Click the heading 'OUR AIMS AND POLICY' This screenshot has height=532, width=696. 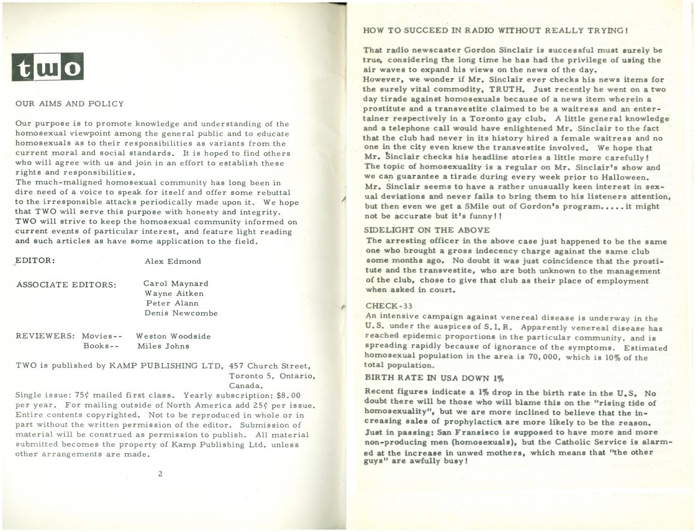(70, 104)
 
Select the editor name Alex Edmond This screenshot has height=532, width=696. (173, 261)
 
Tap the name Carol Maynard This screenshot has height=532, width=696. (176, 283)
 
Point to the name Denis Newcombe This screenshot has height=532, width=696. (181, 313)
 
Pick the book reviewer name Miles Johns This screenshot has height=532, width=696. (163, 346)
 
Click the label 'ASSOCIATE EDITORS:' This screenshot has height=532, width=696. (66, 284)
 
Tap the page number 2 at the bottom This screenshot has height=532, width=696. (160, 473)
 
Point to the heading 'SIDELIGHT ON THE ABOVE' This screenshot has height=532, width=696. (427, 230)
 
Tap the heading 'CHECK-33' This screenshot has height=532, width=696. (389, 305)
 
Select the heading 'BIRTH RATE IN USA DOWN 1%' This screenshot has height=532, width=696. (434, 378)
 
